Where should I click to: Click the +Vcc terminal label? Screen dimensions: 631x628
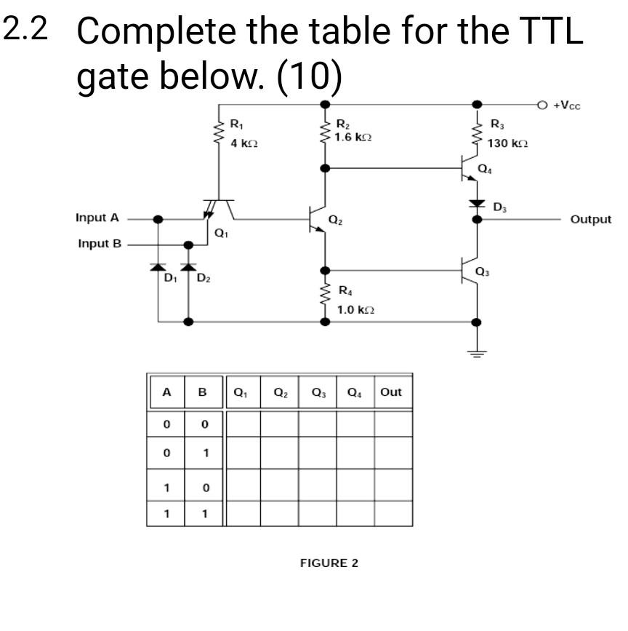[x=566, y=105]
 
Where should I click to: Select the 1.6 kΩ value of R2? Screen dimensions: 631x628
[x=355, y=137]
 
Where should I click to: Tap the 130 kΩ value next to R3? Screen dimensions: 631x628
[x=507, y=143]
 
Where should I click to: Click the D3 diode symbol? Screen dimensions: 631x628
[x=476, y=203]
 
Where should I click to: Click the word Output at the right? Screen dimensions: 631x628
[x=590, y=219]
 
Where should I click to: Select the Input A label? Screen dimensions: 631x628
[x=97, y=218]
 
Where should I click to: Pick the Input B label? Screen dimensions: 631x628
[x=100, y=243]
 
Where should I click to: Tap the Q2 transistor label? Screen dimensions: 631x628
[x=334, y=219]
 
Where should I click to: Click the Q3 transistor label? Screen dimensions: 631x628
[x=482, y=271]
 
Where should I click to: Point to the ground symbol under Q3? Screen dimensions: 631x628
[x=476, y=354]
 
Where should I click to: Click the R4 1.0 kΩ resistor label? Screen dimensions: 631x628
[x=354, y=301]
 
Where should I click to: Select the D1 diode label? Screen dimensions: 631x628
[x=169, y=278]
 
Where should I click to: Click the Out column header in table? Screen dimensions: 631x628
[x=391, y=392]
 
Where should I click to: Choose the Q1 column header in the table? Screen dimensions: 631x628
[x=241, y=392]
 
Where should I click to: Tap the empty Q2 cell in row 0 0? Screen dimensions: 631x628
[x=279, y=423]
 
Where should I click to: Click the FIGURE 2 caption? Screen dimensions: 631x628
[x=329, y=563]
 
